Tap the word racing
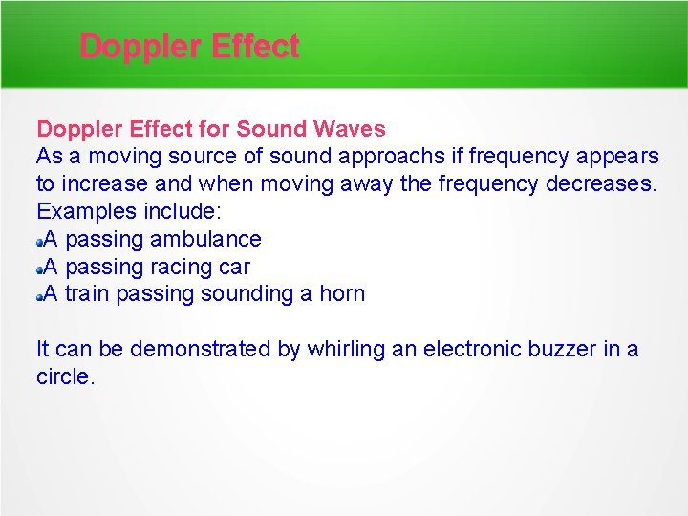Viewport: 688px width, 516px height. (184, 267)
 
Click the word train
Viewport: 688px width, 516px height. (88, 293)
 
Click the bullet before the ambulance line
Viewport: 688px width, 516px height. (40, 240)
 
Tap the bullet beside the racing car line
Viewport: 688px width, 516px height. (40, 268)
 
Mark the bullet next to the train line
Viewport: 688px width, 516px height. (40, 295)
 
